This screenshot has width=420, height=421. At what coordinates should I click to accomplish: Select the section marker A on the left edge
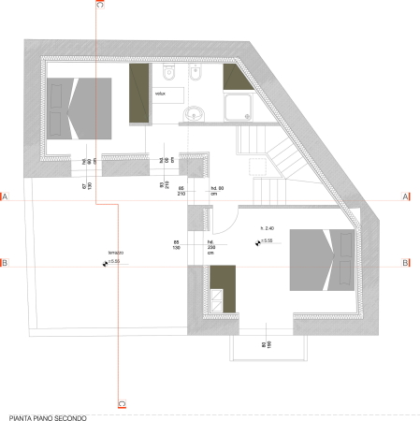tap(5, 197)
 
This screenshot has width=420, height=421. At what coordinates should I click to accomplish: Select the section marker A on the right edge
tap(405, 197)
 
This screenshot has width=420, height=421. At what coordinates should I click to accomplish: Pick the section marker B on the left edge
tap(5, 263)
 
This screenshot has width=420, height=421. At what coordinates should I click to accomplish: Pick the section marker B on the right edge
tap(405, 263)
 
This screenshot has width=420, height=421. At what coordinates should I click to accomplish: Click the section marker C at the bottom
tap(121, 404)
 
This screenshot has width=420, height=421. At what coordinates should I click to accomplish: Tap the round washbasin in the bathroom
tap(195, 114)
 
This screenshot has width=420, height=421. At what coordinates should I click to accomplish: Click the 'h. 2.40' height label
tap(268, 229)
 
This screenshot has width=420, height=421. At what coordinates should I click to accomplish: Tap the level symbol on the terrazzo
tap(105, 263)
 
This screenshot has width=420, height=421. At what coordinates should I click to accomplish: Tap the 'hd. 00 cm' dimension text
tap(222, 190)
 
